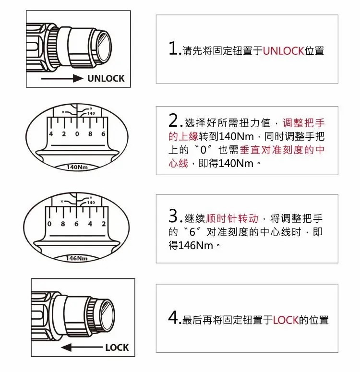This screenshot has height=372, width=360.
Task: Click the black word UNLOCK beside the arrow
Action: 106,79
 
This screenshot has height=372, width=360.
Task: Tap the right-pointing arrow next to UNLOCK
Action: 62,78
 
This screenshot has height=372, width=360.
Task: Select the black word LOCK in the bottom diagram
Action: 117,348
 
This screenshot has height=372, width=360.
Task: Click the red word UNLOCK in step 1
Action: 283,51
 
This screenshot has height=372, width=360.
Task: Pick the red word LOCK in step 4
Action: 286,320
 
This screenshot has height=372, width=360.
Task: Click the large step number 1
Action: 173,48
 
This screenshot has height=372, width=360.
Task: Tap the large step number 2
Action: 173,120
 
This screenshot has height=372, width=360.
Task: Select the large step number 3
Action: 173,216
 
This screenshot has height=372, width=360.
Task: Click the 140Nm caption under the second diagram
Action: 77,167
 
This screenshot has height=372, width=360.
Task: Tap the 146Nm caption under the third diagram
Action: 76,258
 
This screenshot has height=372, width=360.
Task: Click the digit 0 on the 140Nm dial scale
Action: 77,134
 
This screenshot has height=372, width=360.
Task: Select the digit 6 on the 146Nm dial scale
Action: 76,224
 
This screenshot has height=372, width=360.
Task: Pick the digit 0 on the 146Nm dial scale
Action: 49,224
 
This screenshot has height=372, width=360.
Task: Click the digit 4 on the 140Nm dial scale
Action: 51,134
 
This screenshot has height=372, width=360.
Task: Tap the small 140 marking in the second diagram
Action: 91,113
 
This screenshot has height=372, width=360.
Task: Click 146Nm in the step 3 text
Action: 195,245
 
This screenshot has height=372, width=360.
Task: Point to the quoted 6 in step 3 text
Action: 192,232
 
